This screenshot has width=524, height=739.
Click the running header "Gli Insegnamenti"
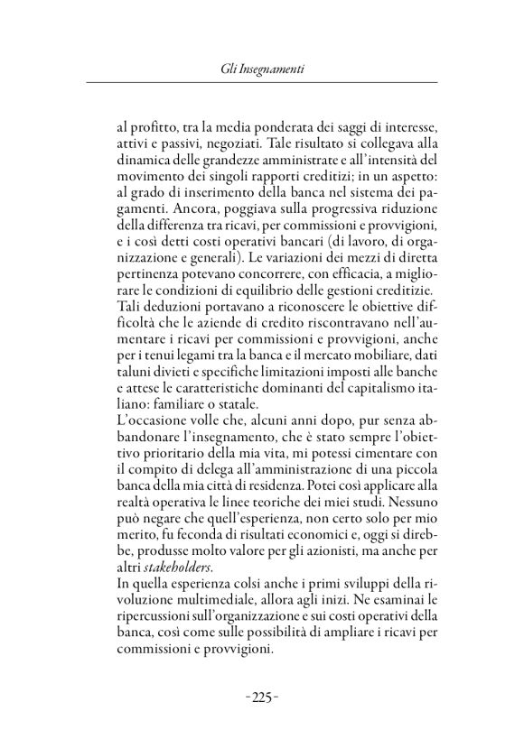262,68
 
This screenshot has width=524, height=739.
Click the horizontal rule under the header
262,83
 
